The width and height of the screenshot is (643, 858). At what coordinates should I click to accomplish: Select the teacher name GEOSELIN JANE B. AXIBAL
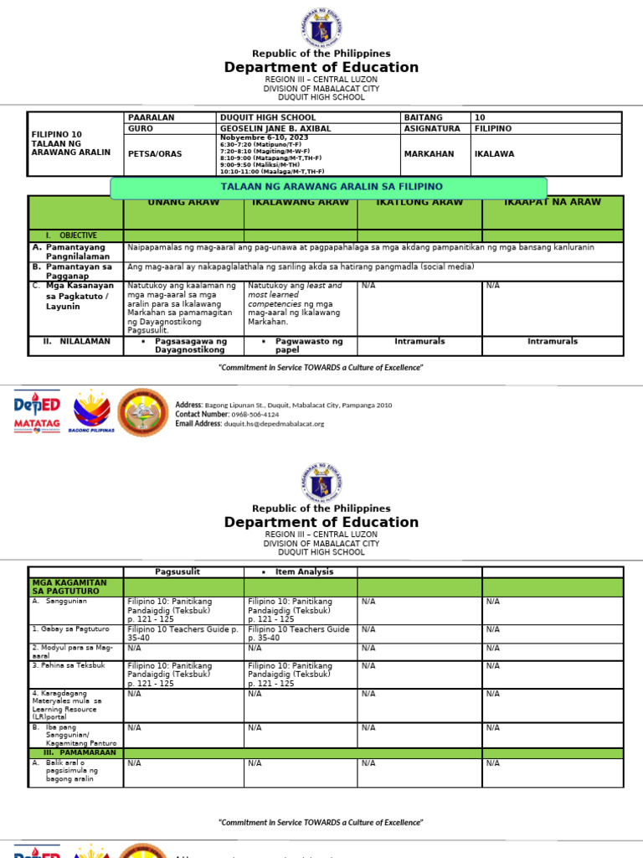[275, 129]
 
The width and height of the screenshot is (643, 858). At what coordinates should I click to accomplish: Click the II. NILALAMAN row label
[77, 341]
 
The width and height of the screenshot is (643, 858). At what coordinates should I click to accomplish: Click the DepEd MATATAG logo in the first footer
[37, 411]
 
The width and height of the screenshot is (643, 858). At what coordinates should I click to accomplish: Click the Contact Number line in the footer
[227, 415]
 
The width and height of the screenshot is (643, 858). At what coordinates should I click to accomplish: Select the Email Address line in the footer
[249, 424]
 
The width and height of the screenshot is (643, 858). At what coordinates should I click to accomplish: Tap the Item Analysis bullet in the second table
[304, 571]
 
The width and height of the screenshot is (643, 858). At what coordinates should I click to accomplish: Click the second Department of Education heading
[321, 522]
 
